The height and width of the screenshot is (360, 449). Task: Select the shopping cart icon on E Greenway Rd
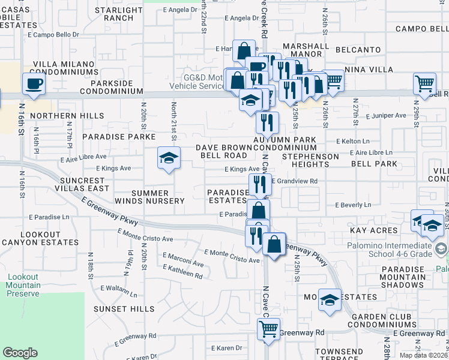point(268,328)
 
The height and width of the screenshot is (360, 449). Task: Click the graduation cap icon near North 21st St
point(169,158)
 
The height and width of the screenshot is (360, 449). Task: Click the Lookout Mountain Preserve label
point(23,285)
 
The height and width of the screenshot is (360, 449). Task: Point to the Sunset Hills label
point(124,308)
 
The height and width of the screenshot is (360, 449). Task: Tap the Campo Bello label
point(422,29)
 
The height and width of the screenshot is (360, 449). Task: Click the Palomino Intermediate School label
point(389,249)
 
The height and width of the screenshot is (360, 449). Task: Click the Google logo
point(20,353)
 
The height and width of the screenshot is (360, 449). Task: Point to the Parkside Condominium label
point(111,87)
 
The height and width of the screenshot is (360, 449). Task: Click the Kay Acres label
point(375,230)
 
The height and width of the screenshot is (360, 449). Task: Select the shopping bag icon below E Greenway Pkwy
point(274,245)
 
